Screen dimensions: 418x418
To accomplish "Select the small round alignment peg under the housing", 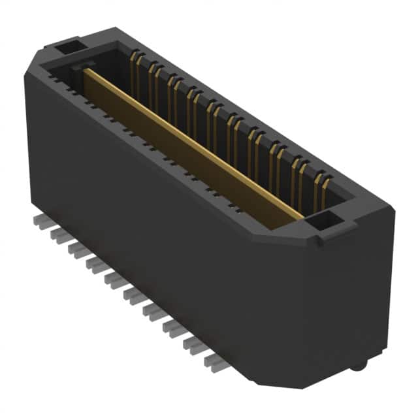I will coord(357,366).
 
